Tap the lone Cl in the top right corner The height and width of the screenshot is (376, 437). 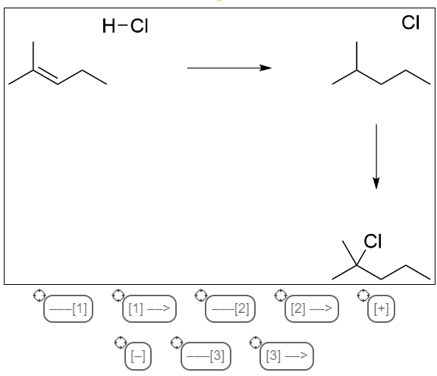coord(410,24)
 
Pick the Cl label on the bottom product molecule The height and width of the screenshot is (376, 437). coord(373,242)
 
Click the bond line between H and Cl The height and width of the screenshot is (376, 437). coord(123,27)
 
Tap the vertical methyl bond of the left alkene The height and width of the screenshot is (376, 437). coord(33,55)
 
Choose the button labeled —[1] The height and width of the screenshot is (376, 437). coord(68,310)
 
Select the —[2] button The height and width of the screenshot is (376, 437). coord(231,310)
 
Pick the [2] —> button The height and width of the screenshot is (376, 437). coord(312,310)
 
